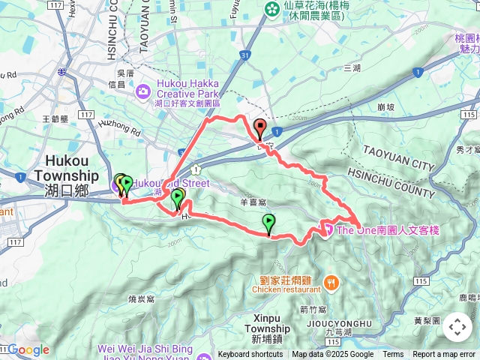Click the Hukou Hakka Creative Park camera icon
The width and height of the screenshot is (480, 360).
tap(142, 91)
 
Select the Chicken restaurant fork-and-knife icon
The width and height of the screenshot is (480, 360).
tap(330, 283)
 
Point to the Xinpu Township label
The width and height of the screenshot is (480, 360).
tap(267, 329)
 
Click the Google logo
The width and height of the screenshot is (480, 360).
tap(28, 349)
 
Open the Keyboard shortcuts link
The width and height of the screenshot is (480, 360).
tap(250, 355)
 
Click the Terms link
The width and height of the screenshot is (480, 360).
tap(393, 355)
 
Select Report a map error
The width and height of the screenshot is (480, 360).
tap(445, 355)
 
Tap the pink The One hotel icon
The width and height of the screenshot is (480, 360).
tap(327, 229)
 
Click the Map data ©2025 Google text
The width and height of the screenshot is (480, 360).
tap(333, 355)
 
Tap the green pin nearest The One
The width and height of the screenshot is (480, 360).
tap(268, 222)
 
